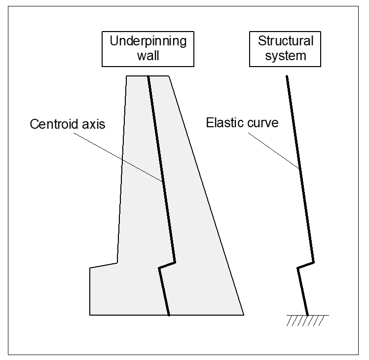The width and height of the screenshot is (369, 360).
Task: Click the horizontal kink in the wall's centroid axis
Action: [x=167, y=265]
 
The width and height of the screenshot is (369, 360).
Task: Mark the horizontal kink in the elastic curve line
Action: [x=305, y=265]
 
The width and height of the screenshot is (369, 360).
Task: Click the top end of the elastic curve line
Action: [x=287, y=76]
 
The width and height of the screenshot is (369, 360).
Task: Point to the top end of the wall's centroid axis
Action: [x=148, y=76]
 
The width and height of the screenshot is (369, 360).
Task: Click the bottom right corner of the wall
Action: [x=243, y=315]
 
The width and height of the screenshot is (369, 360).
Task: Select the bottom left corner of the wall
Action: [x=90, y=315]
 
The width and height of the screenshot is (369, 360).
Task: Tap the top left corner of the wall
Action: [x=127, y=76]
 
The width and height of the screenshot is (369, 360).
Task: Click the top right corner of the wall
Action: [x=169, y=76]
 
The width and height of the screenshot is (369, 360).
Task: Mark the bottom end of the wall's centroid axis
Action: [x=169, y=314]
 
